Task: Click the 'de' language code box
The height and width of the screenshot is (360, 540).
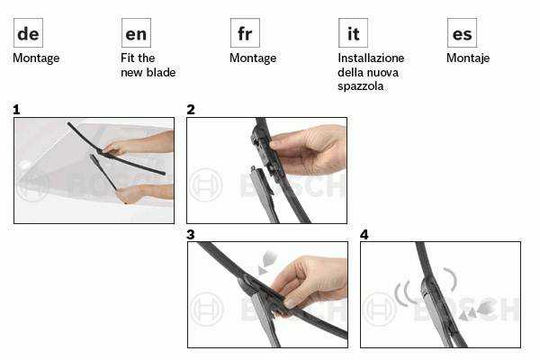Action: point(28,32)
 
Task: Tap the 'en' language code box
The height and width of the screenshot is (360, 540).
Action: point(137,32)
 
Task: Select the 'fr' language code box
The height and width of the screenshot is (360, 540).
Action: point(245,32)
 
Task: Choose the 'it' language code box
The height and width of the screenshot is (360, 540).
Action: point(354,32)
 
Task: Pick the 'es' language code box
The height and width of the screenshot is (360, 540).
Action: point(463,32)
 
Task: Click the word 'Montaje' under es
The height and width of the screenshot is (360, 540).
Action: point(468,58)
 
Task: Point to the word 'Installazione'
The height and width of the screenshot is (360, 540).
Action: point(371,58)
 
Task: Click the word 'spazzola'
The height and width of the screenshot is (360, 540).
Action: point(361,86)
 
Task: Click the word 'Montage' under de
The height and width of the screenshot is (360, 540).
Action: point(36,58)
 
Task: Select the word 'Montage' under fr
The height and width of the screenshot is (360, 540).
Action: point(253,58)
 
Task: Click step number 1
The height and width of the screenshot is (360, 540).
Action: point(16,110)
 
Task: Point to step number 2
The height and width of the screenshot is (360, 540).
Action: point(191,110)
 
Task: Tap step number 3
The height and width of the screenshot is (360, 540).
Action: point(191,234)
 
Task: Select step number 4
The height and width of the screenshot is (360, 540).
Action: point(364,234)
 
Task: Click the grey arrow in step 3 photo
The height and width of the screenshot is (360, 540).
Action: point(266,262)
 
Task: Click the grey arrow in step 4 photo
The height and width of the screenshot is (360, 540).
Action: point(478,310)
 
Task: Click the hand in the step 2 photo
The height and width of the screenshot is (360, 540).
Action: point(307,150)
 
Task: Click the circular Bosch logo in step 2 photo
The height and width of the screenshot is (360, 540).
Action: point(205,185)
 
